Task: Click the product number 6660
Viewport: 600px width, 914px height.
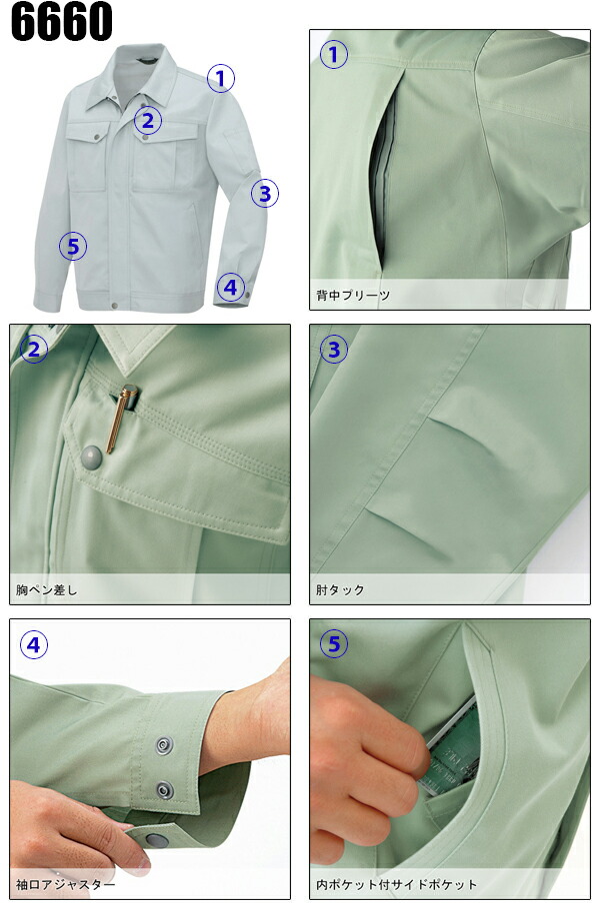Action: click(x=62, y=22)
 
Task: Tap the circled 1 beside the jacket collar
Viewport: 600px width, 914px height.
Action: click(x=221, y=78)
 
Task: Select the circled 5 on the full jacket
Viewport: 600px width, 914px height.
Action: click(x=72, y=246)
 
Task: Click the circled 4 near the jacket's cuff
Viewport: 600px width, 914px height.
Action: click(x=231, y=288)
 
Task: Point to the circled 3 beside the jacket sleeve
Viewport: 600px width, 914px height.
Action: click(x=263, y=193)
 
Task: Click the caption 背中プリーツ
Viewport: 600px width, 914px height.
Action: click(x=353, y=296)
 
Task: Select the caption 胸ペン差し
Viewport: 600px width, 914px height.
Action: click(x=47, y=590)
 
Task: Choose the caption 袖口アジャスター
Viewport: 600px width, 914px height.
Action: click(x=66, y=885)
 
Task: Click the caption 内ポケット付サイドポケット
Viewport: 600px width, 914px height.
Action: click(x=397, y=885)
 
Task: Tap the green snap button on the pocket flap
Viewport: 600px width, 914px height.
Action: click(x=92, y=457)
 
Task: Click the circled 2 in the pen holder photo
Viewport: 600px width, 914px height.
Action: click(x=34, y=349)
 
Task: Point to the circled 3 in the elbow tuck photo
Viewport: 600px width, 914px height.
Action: click(x=334, y=349)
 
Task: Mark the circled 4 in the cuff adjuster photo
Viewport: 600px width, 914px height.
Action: click(x=34, y=645)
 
